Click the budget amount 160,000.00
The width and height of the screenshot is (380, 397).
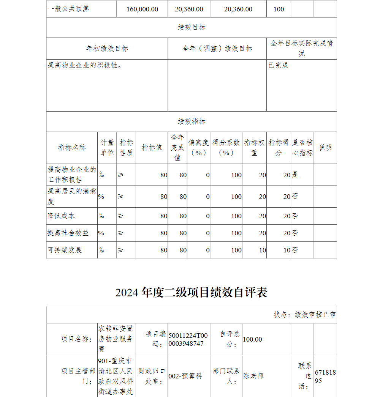tap(142, 9)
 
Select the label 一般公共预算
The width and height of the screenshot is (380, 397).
tap(69, 9)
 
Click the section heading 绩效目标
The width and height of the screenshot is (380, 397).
tap(192, 27)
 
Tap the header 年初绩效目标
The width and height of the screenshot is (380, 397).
tap(107, 49)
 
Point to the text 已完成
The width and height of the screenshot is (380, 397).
tap(279, 65)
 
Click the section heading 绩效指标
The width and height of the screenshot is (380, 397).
tap(192, 121)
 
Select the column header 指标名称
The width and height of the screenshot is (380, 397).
tap(72, 148)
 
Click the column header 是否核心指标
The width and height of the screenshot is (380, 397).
tap(302, 148)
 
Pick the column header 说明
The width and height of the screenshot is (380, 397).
tap(325, 148)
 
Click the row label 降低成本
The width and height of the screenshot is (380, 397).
tap(61, 216)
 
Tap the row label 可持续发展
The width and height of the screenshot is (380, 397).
tap(65, 250)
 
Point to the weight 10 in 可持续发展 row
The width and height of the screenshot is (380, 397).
tap(262, 250)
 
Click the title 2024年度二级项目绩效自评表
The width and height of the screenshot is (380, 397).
tap(192, 292)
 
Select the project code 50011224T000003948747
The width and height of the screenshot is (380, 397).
tap(188, 339)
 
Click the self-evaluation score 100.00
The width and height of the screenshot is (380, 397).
tap(252, 339)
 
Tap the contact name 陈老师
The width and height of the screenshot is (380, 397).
tap(253, 376)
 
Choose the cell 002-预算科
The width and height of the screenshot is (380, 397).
tap(185, 376)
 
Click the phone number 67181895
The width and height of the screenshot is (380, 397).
tap(325, 376)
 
